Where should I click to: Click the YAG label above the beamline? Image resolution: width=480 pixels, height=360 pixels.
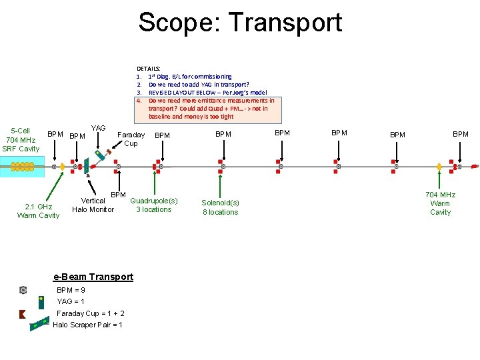click(99, 128)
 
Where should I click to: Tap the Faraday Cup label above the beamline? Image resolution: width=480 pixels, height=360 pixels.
click(131, 139)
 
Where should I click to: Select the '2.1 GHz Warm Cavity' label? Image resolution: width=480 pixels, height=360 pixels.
click(38, 211)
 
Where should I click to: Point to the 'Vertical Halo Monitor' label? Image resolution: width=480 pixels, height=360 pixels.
click(93, 205)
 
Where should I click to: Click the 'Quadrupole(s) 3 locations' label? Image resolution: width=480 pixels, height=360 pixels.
click(154, 205)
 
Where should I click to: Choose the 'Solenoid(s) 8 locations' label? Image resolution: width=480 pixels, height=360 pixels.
click(220, 207)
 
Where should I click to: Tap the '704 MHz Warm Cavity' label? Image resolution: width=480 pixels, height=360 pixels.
click(440, 203)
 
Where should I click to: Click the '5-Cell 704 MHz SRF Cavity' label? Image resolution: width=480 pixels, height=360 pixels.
click(21, 139)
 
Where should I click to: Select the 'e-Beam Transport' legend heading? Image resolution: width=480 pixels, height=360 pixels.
click(93, 277)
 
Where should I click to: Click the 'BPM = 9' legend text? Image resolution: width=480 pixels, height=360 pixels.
click(71, 290)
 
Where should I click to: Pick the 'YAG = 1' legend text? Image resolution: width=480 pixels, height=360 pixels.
click(71, 301)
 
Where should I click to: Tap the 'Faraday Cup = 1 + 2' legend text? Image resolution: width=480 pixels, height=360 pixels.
click(91, 313)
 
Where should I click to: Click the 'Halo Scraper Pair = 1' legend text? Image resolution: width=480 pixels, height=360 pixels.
click(87, 325)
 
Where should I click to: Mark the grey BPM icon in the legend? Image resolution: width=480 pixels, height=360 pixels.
click(23, 290)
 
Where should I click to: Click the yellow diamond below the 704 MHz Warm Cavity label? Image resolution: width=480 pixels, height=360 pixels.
click(439, 167)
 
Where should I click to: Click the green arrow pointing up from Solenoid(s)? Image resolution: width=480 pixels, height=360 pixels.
click(220, 183)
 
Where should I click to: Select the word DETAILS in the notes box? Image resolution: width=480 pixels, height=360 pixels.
click(148, 69)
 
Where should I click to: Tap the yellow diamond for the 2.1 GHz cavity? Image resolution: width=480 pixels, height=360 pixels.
click(62, 166)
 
